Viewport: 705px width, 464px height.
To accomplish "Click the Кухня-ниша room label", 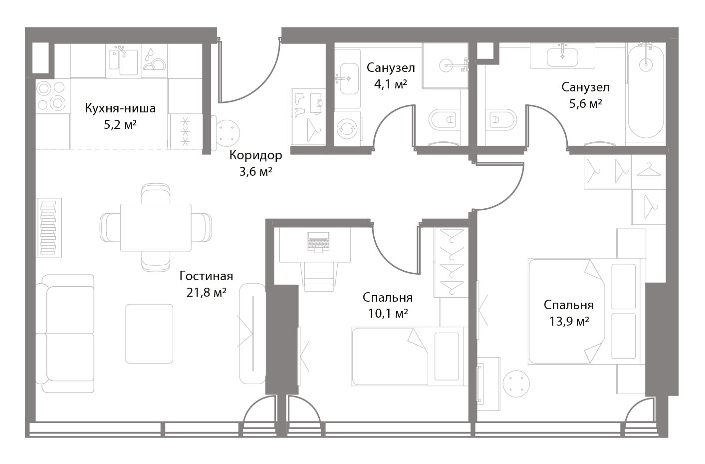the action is (x=120, y=108).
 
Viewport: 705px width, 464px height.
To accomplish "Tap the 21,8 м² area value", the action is (x=206, y=293).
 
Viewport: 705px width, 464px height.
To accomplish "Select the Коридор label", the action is (x=255, y=155).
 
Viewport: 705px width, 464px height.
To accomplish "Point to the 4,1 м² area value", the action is (x=391, y=84).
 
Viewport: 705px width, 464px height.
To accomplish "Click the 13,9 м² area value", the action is (x=569, y=322).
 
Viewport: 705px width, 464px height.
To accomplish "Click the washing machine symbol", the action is (x=347, y=128).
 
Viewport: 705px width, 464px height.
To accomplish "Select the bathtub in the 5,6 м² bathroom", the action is (x=646, y=92).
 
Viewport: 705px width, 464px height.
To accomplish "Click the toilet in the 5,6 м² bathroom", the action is (x=500, y=120).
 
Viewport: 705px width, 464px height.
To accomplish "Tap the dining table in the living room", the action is (x=156, y=227).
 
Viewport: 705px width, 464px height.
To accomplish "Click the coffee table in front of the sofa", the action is (x=149, y=334).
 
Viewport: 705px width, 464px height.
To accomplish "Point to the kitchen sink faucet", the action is (x=121, y=50).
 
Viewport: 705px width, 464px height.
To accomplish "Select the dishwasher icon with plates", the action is (x=154, y=60).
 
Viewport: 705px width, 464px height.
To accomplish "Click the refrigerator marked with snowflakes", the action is (x=186, y=131).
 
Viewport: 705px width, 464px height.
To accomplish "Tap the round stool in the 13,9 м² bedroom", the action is (x=516, y=384).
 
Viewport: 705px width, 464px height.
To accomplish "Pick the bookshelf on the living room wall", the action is (x=49, y=227).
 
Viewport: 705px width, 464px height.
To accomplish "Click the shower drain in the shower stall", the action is (x=446, y=65).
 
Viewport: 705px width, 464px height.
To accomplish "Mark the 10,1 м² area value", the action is (x=388, y=314).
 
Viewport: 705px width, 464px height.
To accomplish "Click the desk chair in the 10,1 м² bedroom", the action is (x=319, y=277).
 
